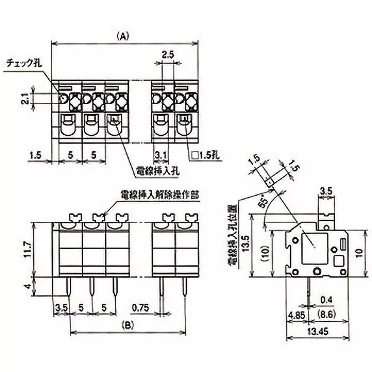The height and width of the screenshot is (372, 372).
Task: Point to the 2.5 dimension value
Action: tap(168, 54)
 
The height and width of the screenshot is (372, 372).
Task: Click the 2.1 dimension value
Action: tap(27, 98)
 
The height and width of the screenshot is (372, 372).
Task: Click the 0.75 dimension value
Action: tap(140, 307)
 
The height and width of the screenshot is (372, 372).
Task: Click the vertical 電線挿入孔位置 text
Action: tap(230, 235)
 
